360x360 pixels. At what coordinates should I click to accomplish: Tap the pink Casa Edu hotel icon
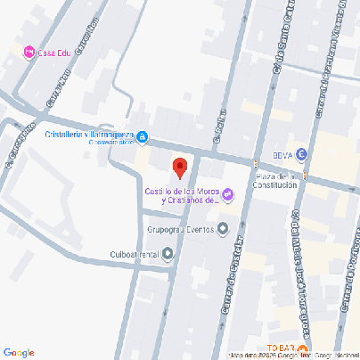tap(29, 53)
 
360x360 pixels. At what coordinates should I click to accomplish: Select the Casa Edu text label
tap(54, 53)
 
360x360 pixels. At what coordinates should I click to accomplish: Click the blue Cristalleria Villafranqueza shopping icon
tap(143, 136)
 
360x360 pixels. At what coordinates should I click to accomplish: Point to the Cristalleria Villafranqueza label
tap(87, 137)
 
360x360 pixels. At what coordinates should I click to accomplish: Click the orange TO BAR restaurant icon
tap(304, 348)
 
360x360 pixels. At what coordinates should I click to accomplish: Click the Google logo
tap(19, 352)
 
